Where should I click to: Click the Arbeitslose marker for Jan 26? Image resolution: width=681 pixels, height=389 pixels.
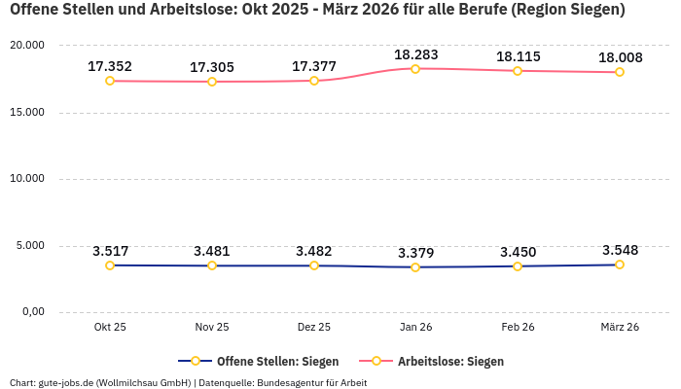click(x=415, y=69)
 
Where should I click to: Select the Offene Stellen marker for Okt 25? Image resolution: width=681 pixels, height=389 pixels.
click(x=110, y=265)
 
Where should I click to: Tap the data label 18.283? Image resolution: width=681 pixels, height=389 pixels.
click(x=415, y=54)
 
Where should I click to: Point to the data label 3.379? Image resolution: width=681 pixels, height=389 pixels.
click(x=415, y=253)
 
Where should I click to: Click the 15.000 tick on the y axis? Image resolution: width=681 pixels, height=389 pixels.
click(x=26, y=112)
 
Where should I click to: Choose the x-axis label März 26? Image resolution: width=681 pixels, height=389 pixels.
click(x=620, y=328)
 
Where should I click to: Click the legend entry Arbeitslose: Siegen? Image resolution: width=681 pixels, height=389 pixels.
click(x=450, y=361)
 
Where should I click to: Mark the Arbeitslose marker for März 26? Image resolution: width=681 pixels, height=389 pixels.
click(x=620, y=72)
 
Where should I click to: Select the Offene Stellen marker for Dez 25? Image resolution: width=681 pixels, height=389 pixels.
click(x=314, y=265)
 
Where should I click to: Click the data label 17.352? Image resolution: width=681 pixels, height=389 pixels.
click(x=110, y=66)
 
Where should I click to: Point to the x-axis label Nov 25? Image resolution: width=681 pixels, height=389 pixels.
click(x=212, y=328)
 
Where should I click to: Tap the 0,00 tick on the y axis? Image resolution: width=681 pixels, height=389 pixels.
click(x=32, y=311)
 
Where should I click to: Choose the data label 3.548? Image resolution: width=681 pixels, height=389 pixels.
click(x=620, y=250)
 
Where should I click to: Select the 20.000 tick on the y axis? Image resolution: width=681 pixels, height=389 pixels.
click(x=26, y=46)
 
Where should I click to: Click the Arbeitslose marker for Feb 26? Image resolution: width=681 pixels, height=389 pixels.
click(x=518, y=71)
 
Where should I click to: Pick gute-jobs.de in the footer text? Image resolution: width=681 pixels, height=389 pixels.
click(x=65, y=382)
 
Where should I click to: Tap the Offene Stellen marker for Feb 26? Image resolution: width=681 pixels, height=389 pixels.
click(x=518, y=265)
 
